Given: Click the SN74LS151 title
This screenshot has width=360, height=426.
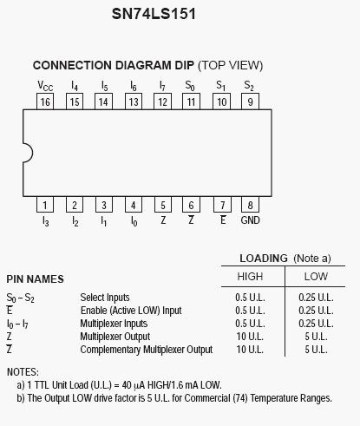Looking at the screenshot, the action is click(154, 14).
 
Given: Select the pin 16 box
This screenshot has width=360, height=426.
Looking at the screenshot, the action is click(45, 102).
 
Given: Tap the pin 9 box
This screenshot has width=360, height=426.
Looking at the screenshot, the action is click(251, 102).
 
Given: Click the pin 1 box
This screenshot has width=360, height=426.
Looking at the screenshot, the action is click(45, 205).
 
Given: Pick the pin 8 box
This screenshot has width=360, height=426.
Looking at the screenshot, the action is click(251, 205).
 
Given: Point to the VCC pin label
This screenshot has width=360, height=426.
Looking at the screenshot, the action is click(45, 86).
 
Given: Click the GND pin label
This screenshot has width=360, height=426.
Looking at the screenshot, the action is click(251, 220).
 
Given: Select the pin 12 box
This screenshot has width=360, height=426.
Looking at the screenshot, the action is click(163, 102).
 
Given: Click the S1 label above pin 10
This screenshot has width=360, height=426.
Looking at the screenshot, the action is click(221, 86).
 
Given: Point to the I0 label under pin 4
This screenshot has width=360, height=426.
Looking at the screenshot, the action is click(134, 221).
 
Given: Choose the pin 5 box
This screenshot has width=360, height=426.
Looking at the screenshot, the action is click(163, 205).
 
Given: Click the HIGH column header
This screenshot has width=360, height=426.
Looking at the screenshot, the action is click(250, 277).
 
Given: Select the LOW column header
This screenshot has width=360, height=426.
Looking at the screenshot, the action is click(316, 277).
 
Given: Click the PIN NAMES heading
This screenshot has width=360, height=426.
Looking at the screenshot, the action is click(35, 279).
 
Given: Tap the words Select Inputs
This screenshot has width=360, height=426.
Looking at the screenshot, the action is click(105, 298).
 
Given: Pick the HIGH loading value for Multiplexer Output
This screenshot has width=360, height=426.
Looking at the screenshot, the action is click(250, 337).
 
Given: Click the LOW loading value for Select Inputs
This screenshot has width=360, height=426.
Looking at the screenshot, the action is click(316, 298).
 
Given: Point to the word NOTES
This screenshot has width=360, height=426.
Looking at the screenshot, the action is click(23, 372).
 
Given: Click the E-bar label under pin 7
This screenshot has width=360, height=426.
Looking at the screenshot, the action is click(223, 220).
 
